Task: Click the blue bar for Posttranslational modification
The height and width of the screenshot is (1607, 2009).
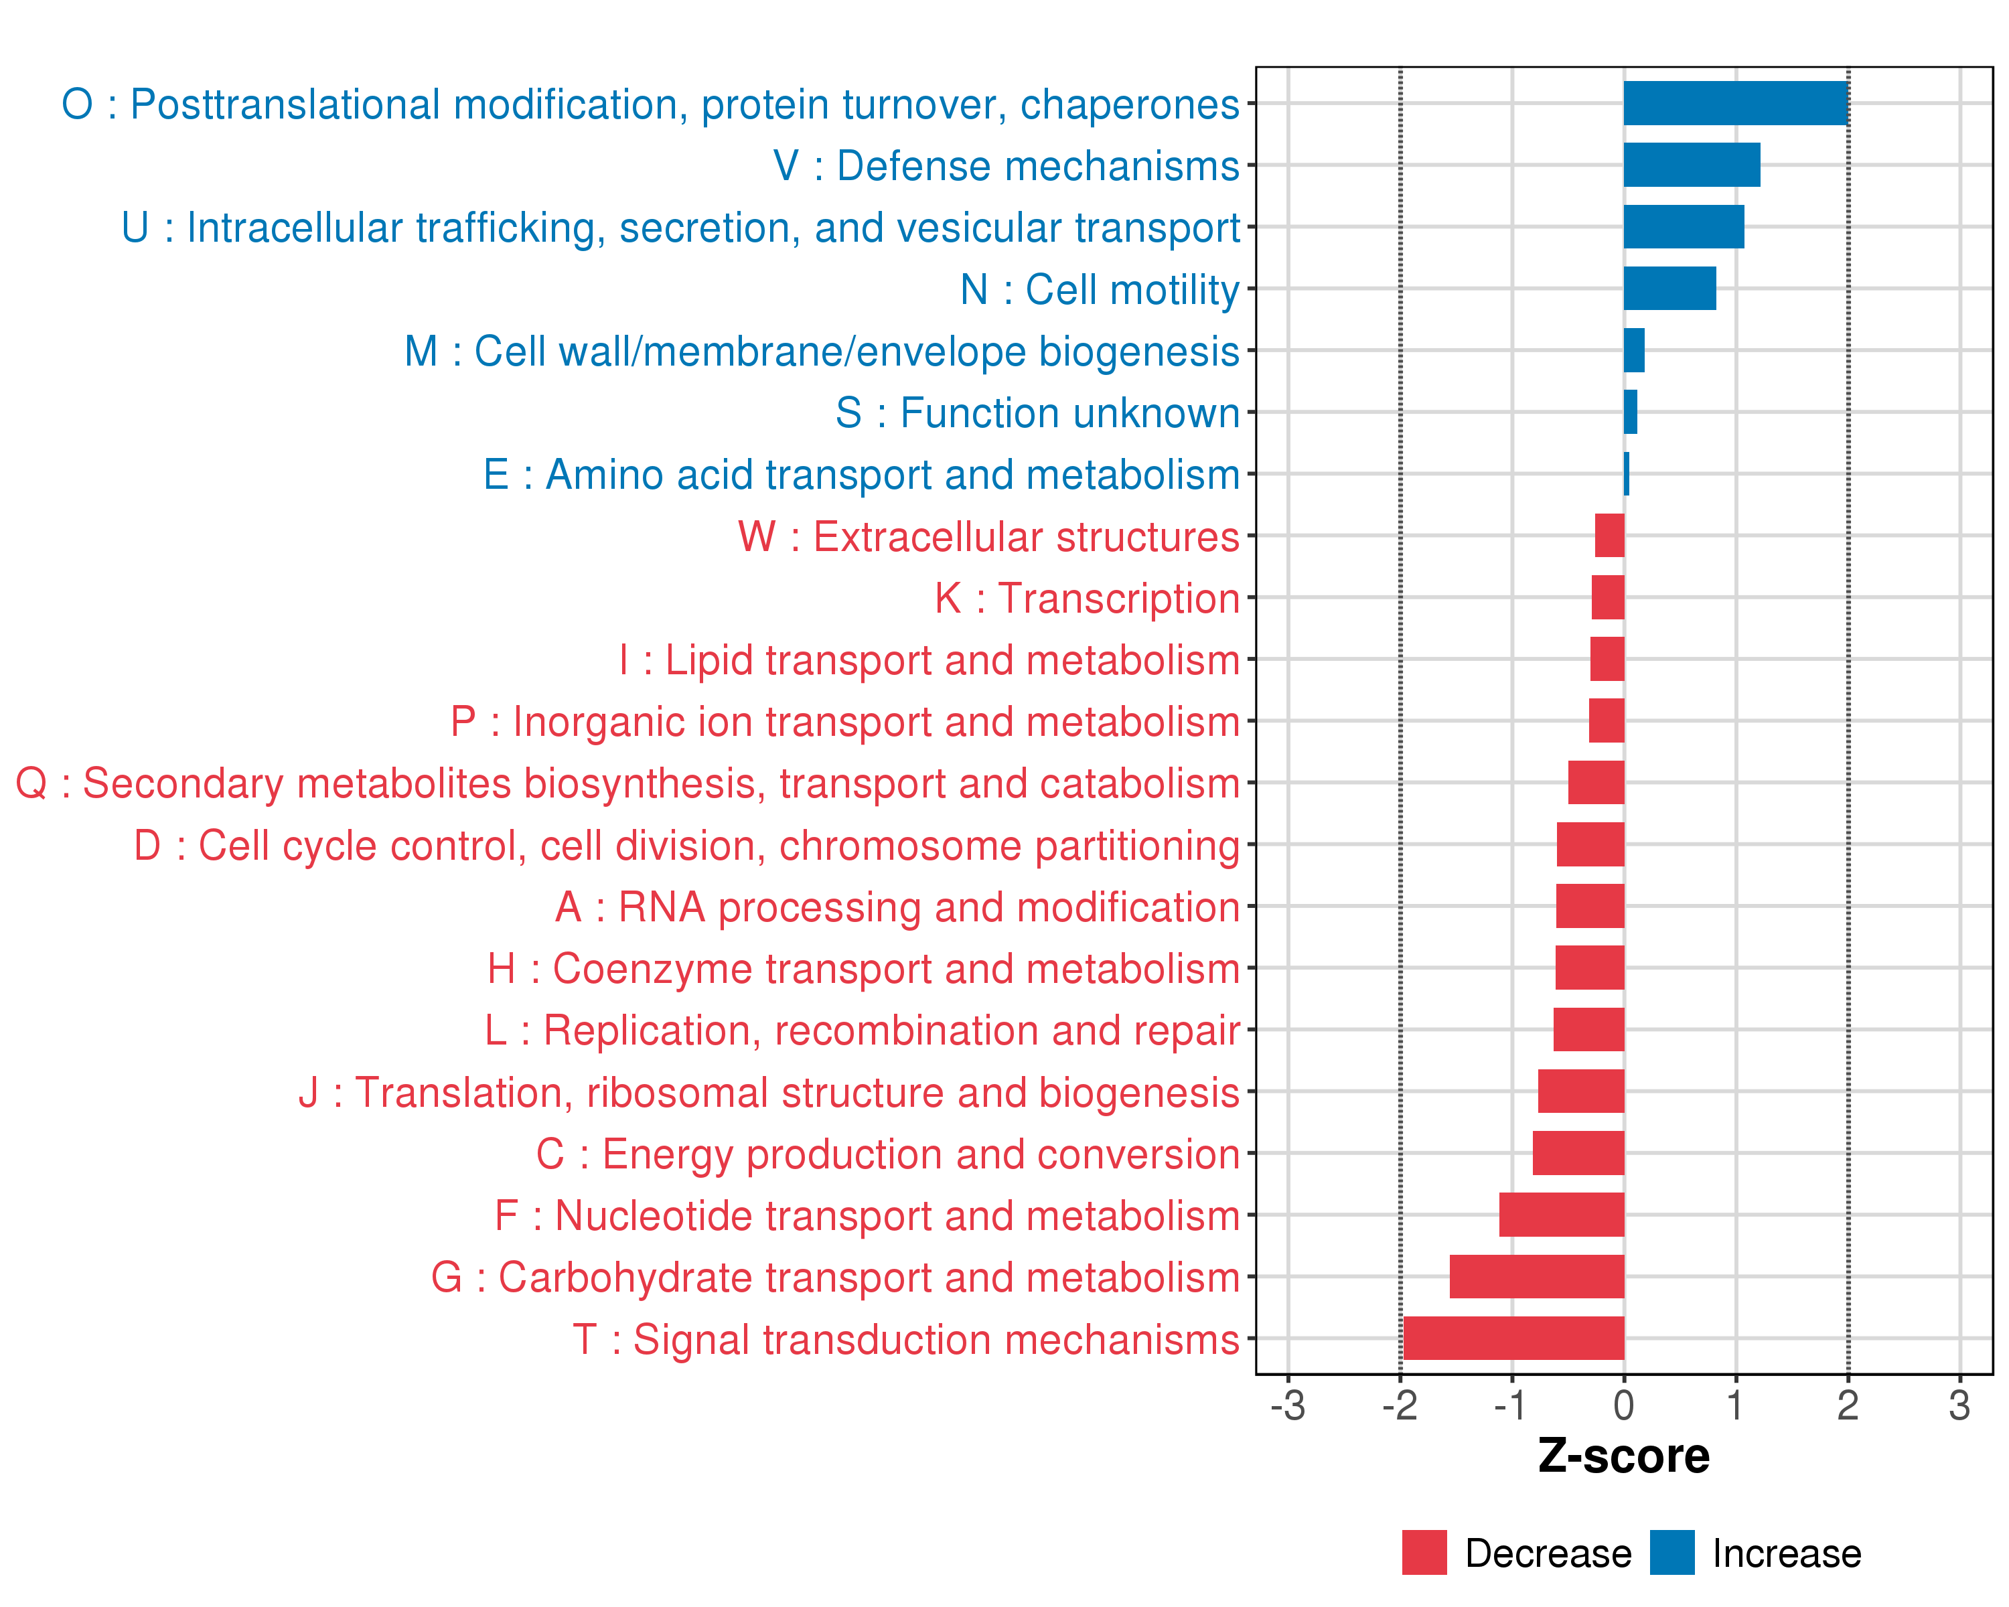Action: pos(1735,103)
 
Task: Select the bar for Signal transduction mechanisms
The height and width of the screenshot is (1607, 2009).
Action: pos(1513,1338)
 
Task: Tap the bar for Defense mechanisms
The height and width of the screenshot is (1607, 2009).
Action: pos(1692,165)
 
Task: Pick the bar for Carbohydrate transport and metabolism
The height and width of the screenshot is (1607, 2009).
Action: pos(1537,1276)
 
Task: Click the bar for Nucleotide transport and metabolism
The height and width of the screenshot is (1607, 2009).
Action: pos(1562,1215)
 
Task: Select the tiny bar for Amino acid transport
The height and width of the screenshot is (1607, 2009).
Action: pos(1626,474)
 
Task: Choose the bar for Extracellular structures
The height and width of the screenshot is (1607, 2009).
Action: pos(1609,536)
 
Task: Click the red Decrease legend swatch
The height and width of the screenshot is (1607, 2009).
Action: pos(1424,1553)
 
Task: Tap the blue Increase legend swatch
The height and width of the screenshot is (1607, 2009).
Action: pos(1671,1553)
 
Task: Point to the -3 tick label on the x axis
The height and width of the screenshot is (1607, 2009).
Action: pos(1288,1405)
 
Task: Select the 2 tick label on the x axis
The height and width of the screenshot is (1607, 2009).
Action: pos(1848,1405)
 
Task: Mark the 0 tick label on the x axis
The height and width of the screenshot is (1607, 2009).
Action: pos(1623,1405)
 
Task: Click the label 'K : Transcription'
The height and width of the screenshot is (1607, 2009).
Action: pos(1086,598)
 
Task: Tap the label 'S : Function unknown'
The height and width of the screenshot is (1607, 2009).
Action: pos(1037,412)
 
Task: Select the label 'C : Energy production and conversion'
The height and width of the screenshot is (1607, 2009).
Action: pos(887,1154)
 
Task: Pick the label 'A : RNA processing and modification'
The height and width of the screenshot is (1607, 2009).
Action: pos(897,907)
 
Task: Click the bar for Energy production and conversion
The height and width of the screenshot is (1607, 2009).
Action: pos(1578,1153)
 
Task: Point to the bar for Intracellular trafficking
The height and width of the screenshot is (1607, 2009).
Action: pos(1683,227)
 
